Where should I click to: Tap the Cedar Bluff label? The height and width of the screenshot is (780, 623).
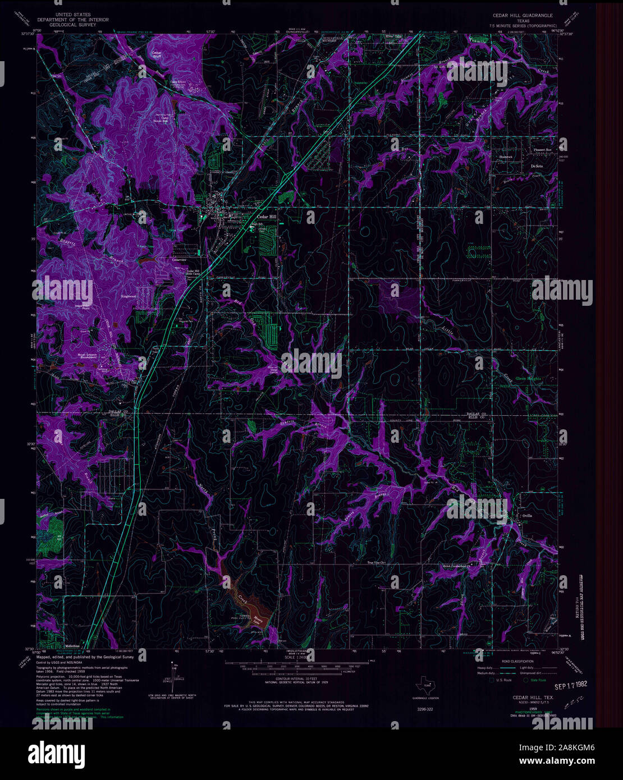pos(157,54)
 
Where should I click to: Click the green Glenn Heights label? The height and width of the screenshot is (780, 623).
pos(528,379)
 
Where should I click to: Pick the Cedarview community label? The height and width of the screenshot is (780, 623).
pos(180,260)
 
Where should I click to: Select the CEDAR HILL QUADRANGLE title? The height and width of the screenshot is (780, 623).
pos(522,16)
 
